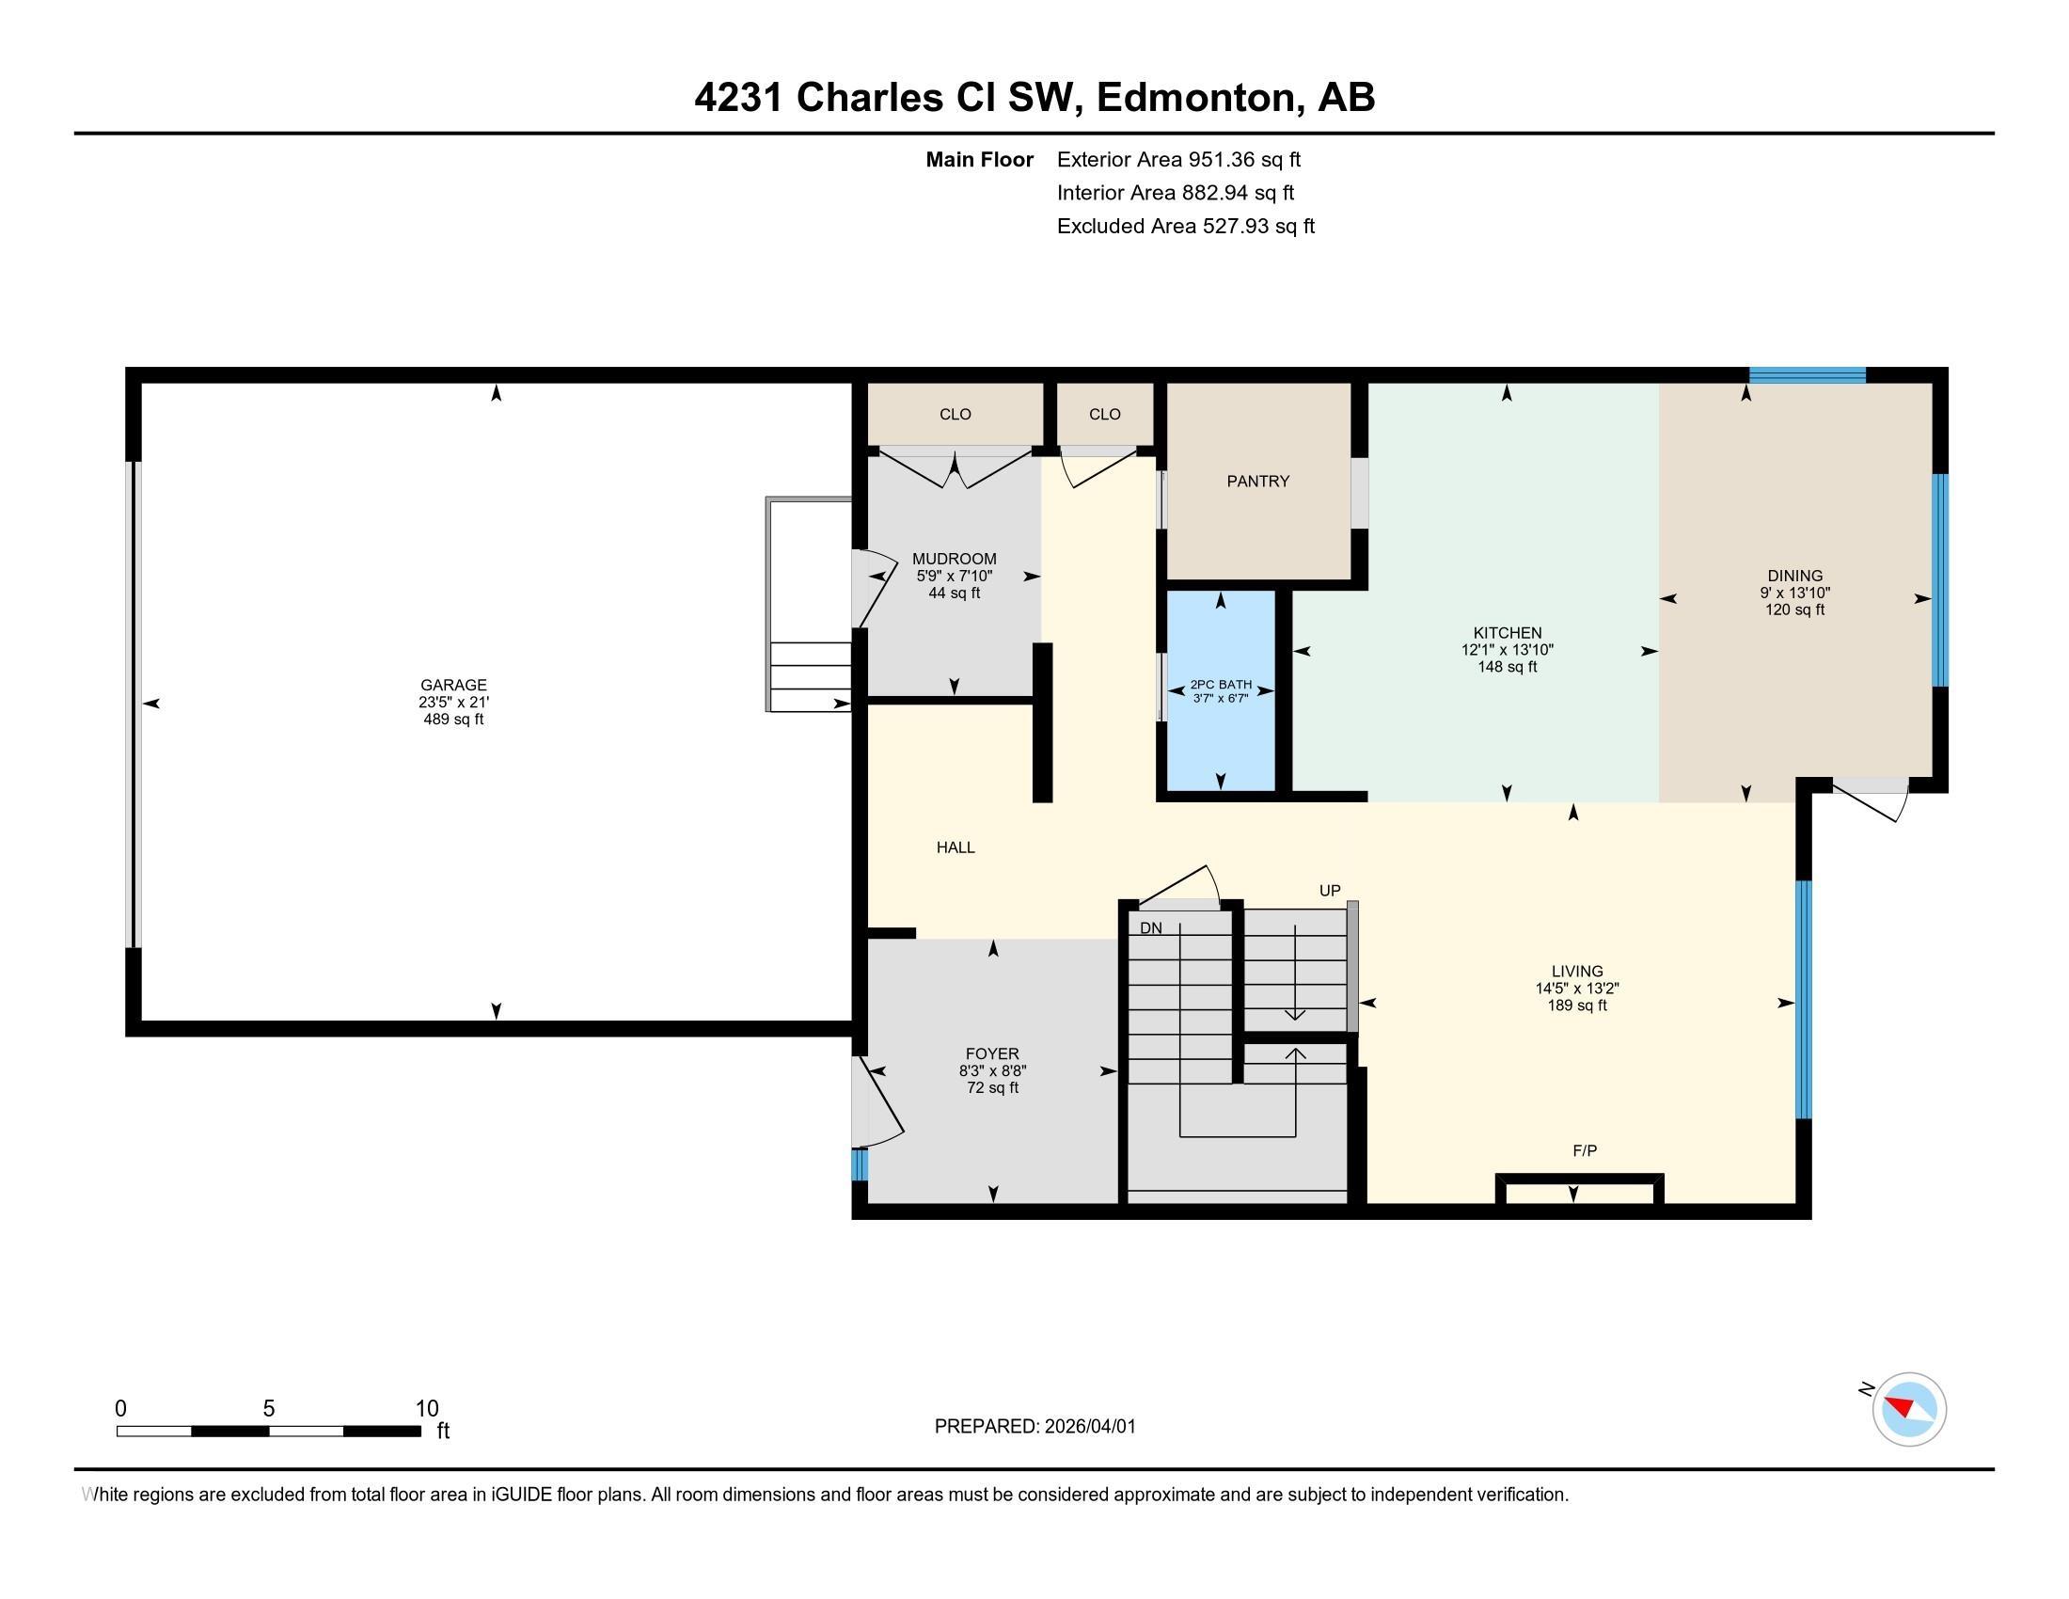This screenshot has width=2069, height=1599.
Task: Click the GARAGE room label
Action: tap(453, 685)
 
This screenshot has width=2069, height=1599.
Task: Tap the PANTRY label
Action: tap(1257, 482)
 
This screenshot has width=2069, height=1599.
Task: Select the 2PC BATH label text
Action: tap(1220, 685)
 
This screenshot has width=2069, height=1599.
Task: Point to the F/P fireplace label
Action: tap(1584, 1150)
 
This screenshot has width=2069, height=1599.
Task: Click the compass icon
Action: tap(1908, 1409)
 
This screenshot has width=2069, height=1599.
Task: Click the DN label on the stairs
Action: tap(1150, 928)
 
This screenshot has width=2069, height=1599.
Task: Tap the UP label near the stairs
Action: tap(1329, 891)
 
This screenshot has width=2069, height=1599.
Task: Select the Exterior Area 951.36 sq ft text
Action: tap(1177, 159)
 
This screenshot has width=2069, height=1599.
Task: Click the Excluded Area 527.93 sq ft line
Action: tap(1185, 226)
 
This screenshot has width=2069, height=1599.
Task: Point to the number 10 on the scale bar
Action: tap(426, 1409)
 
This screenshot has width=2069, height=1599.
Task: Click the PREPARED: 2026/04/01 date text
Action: tap(1034, 1426)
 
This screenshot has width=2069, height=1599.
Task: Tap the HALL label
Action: tap(955, 847)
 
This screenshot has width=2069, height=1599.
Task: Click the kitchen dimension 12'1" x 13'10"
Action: tap(1507, 650)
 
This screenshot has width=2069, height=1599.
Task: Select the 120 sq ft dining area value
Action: tap(1794, 610)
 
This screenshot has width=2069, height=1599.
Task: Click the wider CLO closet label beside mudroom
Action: tap(955, 414)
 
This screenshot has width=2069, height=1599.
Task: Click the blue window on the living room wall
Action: tap(1804, 999)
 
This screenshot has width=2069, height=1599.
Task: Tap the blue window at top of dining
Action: tap(1807, 375)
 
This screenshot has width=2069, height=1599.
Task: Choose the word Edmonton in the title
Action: tap(1196, 97)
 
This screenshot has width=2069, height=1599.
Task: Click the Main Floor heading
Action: tap(979, 159)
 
